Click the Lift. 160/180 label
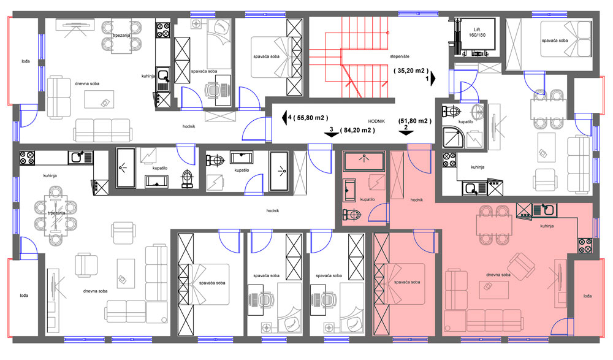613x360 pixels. pyautogui.click(x=477, y=32)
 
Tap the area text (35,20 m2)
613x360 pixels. pyautogui.click(x=411, y=71)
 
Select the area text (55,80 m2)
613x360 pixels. pyautogui.click(x=311, y=117)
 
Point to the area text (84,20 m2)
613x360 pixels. pyautogui.click(x=357, y=130)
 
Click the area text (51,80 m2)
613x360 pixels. pyautogui.click(x=415, y=121)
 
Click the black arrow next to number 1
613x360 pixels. pyautogui.click(x=433, y=79)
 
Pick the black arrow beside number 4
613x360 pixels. pyautogui.click(x=284, y=117)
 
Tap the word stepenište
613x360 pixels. pyautogui.click(x=400, y=57)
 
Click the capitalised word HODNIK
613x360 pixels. pyautogui.click(x=376, y=121)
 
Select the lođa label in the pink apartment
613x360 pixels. pyautogui.click(x=588, y=296)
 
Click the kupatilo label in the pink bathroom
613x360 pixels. pyautogui.click(x=367, y=199)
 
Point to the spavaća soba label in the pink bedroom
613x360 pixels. pyautogui.click(x=407, y=282)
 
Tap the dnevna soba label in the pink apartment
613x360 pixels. pyautogui.click(x=498, y=275)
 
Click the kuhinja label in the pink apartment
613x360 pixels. pyautogui.click(x=547, y=226)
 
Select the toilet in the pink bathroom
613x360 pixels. pyautogui.click(x=352, y=215)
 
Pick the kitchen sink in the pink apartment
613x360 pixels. pyautogui.click(x=544, y=210)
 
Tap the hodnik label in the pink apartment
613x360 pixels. pyautogui.click(x=417, y=200)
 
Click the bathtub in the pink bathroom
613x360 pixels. pyautogui.click(x=364, y=161)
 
